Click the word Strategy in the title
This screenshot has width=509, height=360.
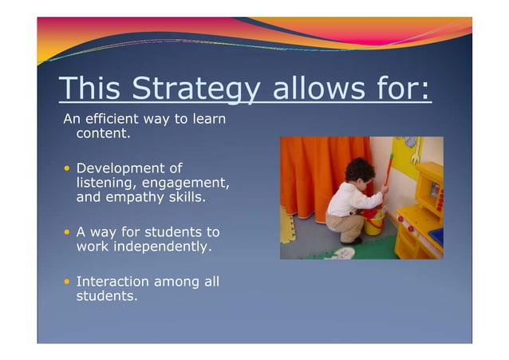tap(196, 89)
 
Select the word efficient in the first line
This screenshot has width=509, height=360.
tap(112, 120)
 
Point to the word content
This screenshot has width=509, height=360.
tap(102, 134)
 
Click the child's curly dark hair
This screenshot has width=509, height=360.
tap(359, 170)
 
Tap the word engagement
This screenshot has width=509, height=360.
tap(186, 184)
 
